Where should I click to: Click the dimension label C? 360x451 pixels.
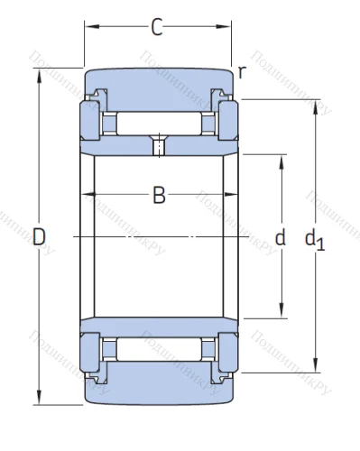[156, 28]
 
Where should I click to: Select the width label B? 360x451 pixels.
[158, 195]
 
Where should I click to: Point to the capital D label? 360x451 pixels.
[38, 237]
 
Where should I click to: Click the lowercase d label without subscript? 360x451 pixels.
[280, 238]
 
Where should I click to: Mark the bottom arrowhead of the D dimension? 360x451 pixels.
[39, 399]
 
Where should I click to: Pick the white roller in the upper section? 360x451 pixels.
[159, 122]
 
